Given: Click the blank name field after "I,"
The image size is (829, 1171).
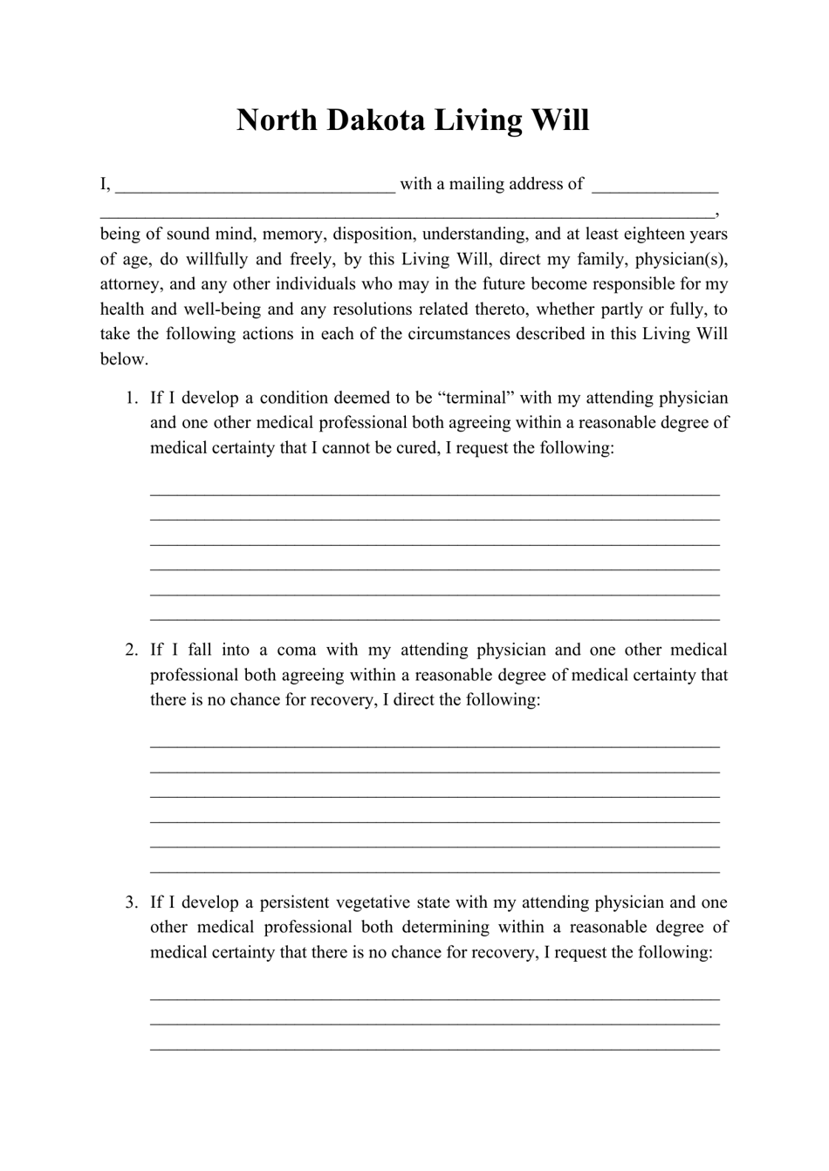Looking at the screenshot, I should tap(255, 185).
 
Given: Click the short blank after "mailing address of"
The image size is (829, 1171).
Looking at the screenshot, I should tap(654, 185).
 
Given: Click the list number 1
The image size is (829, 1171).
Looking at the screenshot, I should tap(131, 398).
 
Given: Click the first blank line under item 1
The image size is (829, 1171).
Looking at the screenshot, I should tap(435, 493).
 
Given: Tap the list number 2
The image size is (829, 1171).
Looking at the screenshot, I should tap(131, 650).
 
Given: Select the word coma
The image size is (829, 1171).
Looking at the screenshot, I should tap(295, 650).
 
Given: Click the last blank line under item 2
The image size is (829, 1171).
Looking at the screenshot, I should tap(435, 870).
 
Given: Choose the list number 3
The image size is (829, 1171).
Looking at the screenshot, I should tap(131, 902).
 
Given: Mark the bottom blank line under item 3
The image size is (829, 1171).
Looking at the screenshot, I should tap(435, 1047).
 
